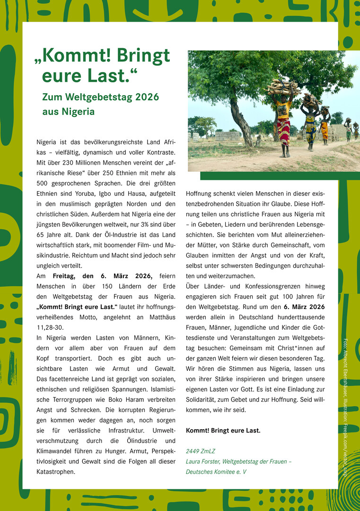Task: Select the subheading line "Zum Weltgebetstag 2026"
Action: point(100,97)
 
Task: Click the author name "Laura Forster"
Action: point(204,462)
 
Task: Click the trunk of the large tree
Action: point(241,121)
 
